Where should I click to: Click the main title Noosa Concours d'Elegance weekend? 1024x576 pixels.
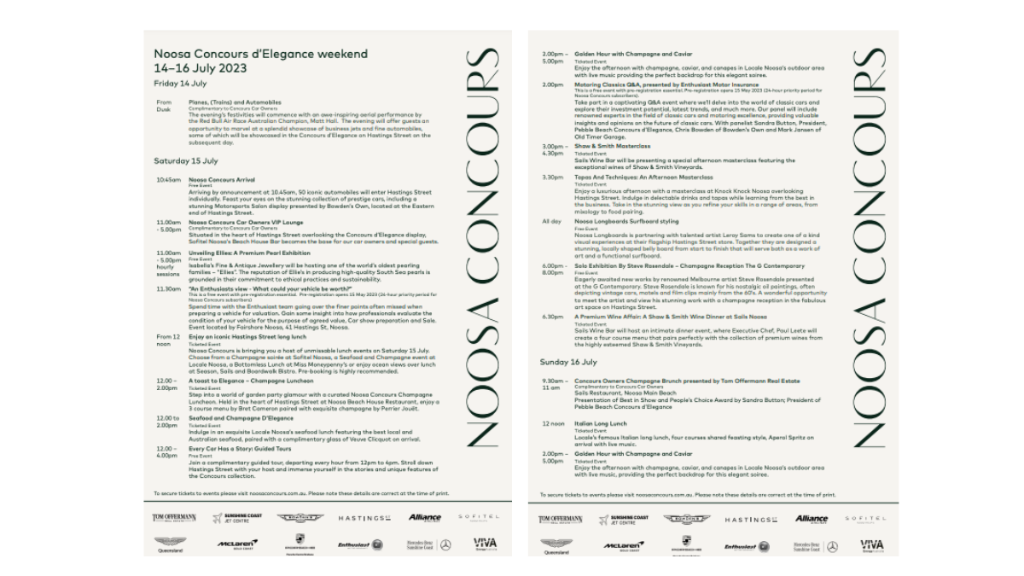(x=260, y=54)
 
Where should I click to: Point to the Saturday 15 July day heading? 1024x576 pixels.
(x=185, y=160)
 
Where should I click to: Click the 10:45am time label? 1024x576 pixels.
(x=168, y=180)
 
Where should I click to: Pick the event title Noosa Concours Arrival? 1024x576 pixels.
(x=222, y=180)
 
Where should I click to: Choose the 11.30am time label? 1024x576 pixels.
(x=168, y=288)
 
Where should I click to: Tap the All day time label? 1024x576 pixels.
(x=551, y=221)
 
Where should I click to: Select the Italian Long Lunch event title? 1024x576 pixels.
(x=601, y=423)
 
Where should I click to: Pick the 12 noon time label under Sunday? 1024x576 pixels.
(x=554, y=423)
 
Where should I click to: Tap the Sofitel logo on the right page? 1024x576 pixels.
(x=864, y=518)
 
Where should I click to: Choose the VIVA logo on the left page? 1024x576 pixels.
(x=485, y=544)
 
